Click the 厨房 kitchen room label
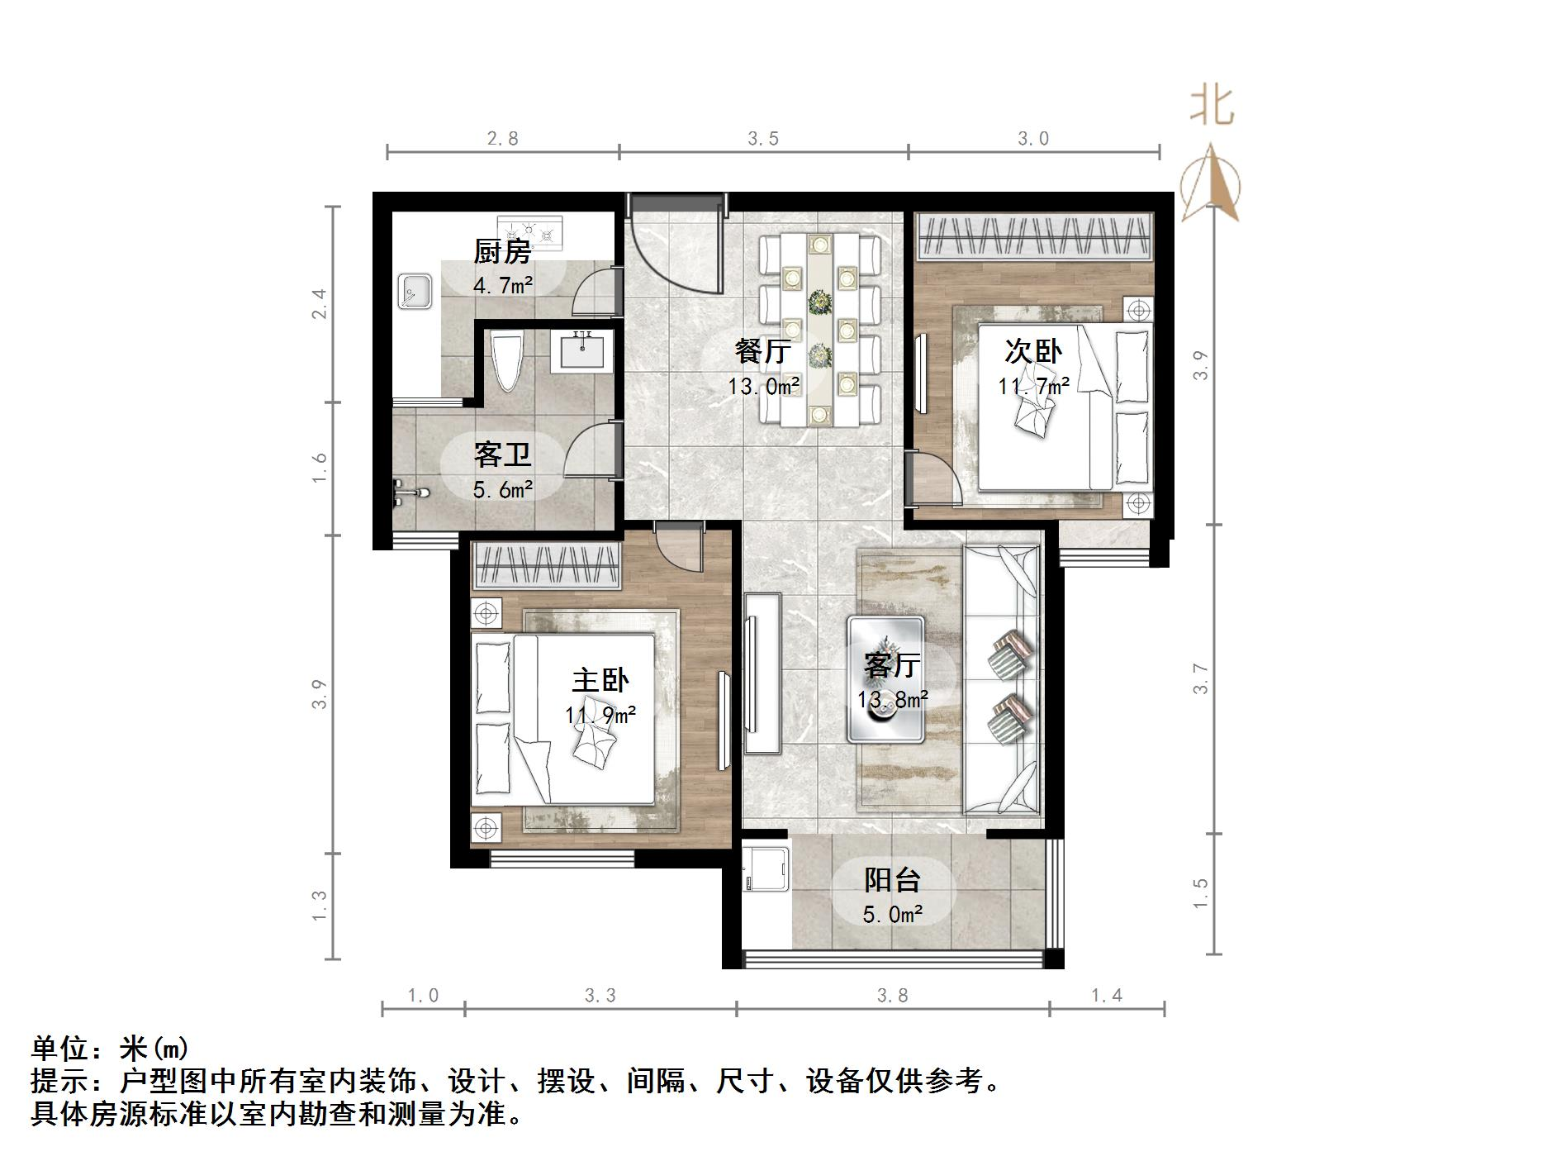pyautogui.click(x=501, y=251)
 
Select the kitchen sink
pyautogui.click(x=415, y=291)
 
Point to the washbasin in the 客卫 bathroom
pyautogui.click(x=582, y=350)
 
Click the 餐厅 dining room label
pyautogui.click(x=762, y=352)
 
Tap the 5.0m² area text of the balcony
pyautogui.click(x=892, y=914)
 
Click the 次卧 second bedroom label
pyautogui.click(x=1032, y=351)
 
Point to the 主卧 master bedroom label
pyautogui.click(x=600, y=680)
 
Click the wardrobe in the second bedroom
pyautogui.click(x=1032, y=235)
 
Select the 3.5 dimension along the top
pyautogui.click(x=763, y=138)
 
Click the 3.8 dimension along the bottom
pyautogui.click(x=892, y=996)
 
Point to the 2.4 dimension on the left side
pyautogui.click(x=319, y=303)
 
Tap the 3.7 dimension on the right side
pyautogui.click(x=1201, y=678)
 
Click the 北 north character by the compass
pyautogui.click(x=1212, y=107)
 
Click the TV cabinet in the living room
pyautogui.click(x=762, y=673)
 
